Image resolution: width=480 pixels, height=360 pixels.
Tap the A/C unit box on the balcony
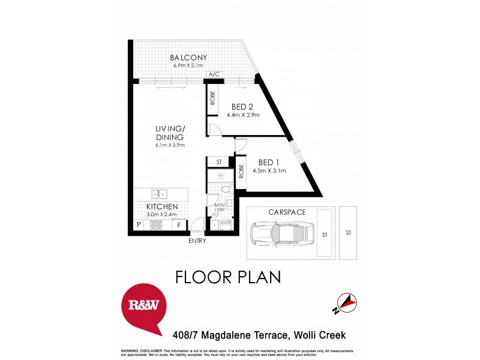tap(214, 74)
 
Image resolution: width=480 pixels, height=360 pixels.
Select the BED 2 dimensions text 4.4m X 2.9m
tap(243, 115)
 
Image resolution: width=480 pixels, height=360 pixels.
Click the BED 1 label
tap(269, 163)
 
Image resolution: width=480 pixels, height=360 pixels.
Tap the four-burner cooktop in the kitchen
tap(155, 226)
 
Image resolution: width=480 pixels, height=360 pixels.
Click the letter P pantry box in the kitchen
tap(139, 226)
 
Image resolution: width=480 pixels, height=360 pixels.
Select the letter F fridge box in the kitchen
tap(179, 226)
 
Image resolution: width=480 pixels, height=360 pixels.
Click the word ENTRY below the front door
tap(197, 241)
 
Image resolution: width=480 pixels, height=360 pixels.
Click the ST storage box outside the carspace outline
tap(347, 233)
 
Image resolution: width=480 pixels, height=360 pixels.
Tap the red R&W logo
tap(144, 305)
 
